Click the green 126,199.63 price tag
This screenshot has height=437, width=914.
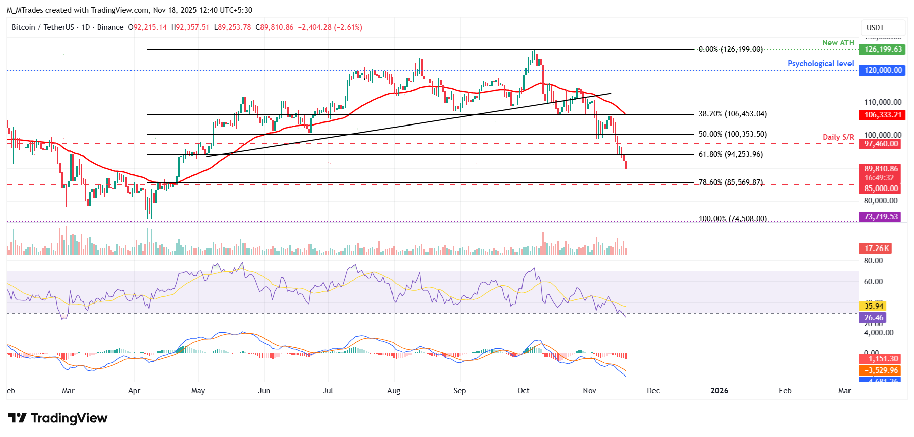coord(883,49)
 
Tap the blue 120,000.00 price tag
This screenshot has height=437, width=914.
coord(883,70)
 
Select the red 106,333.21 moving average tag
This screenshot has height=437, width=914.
coord(883,115)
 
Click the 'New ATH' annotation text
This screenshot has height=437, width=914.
coord(838,43)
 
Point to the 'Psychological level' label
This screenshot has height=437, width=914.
coord(820,64)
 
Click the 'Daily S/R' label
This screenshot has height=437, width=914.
coord(838,137)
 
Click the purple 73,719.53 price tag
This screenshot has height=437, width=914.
coord(881,217)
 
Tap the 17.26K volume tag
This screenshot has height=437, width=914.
coord(875,248)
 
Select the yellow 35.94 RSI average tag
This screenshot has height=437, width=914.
coord(874,306)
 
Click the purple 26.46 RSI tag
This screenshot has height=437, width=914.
coord(874,318)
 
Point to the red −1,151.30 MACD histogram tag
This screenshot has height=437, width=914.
coord(881,359)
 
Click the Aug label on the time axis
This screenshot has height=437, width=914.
coord(394,391)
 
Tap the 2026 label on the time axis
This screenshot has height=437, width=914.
coord(719,391)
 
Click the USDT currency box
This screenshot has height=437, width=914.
coord(875,28)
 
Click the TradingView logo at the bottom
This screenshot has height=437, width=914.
coord(57,418)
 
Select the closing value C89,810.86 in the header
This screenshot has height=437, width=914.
coord(275,27)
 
